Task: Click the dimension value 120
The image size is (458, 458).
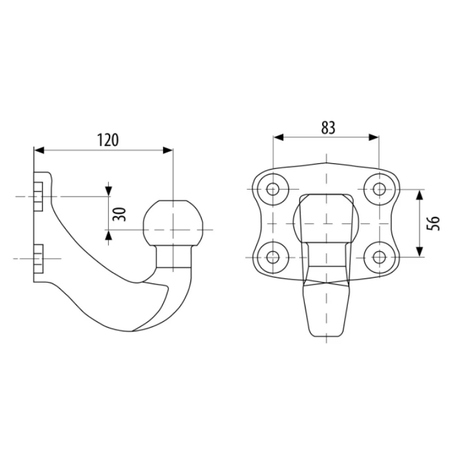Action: click(108, 140)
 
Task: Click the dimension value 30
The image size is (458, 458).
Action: click(119, 214)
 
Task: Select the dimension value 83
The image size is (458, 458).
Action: click(328, 128)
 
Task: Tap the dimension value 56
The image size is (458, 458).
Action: click(433, 223)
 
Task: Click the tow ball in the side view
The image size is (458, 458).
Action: click(173, 223)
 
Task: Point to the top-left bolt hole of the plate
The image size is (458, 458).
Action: click(273, 189)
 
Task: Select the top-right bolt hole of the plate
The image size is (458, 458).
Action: click(380, 189)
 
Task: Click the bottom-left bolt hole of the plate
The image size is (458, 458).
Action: click(273, 257)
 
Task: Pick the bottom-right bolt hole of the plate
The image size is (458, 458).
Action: click(380, 257)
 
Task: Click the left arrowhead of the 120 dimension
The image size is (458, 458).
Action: click(39, 150)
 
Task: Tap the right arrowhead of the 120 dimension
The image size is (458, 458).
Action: click(168, 150)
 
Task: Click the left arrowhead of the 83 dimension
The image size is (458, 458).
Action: click(278, 137)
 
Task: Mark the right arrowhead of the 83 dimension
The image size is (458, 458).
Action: click(374, 137)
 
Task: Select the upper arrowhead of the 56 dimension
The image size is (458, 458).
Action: click(420, 195)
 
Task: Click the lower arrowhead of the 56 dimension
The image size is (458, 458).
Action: click(420, 252)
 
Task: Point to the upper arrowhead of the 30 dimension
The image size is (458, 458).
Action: click(108, 191)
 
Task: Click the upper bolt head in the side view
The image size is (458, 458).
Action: click(38, 196)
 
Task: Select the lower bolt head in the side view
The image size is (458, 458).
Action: click(38, 259)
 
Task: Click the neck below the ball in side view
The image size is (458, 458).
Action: click(174, 256)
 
